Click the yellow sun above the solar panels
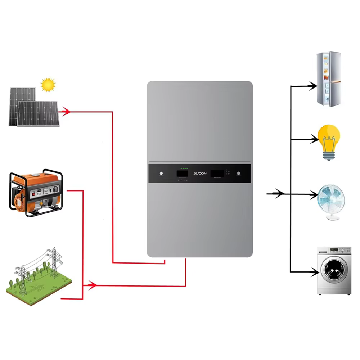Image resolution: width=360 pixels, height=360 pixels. coord(48,85)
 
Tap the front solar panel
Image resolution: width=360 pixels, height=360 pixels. coord(38,114)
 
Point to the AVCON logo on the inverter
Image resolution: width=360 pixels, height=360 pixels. coord(199,173)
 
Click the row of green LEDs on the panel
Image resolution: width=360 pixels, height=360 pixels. coord(184,168)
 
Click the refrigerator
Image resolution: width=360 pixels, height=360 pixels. coord(328,79)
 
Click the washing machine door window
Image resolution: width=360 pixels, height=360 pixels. coord(333,270)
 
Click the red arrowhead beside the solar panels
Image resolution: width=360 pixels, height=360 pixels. coord(65,112)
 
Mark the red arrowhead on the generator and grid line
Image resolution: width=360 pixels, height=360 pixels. coord(92,286)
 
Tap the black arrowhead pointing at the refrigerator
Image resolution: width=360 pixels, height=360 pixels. coord(312,86)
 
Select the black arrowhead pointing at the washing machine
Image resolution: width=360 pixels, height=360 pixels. coord(313,272)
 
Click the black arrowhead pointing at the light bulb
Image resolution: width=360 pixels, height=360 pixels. coord(313,139)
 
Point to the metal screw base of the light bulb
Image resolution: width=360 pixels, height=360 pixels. coord(329,155)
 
